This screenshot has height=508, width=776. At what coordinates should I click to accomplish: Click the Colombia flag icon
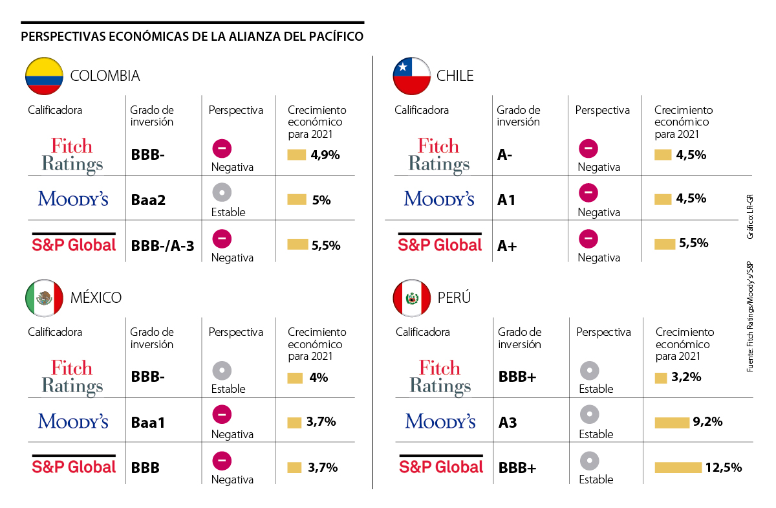click(x=44, y=76)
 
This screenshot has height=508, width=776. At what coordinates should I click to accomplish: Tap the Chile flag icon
click(x=412, y=76)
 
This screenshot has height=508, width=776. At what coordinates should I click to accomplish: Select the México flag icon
click(x=44, y=298)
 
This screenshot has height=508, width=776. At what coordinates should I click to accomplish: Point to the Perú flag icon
click(x=412, y=298)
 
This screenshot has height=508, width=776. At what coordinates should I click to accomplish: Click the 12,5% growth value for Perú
click(x=723, y=467)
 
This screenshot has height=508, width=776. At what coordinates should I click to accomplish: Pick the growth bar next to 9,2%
click(x=672, y=423)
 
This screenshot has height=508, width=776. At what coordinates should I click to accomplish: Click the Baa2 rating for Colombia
click(x=148, y=200)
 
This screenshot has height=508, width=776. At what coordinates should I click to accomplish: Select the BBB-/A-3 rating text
click(x=162, y=245)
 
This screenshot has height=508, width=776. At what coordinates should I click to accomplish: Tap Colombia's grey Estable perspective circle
click(x=222, y=192)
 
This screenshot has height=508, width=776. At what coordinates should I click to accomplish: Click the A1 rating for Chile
click(x=506, y=200)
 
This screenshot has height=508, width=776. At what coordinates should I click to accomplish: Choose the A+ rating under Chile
click(x=507, y=245)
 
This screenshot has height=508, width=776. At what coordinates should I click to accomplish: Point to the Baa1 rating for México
click(x=148, y=423)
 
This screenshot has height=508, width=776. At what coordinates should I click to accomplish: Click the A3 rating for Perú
click(x=508, y=423)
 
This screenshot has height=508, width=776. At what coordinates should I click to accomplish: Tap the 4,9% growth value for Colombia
click(x=325, y=155)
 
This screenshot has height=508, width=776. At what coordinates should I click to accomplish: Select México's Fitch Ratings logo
click(x=72, y=377)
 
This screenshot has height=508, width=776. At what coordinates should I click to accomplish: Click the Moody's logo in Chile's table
click(x=439, y=198)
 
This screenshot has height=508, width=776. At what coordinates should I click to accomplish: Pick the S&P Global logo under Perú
click(x=441, y=465)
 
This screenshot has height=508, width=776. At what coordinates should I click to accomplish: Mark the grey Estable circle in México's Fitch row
click(x=222, y=371)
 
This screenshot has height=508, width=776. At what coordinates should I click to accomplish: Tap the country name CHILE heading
click(x=455, y=76)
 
